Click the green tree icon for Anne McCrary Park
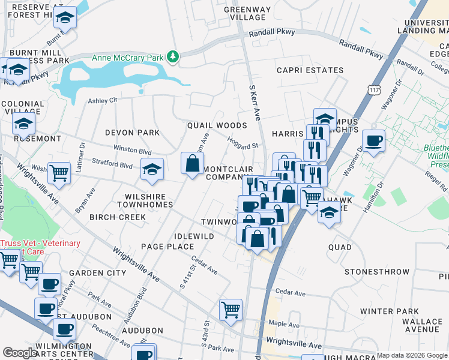tap(173, 57)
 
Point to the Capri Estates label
tap(310, 70)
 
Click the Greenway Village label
tap(247, 14)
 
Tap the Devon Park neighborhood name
tap(132, 132)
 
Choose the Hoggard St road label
tap(243, 143)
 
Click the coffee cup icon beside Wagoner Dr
tap(374, 141)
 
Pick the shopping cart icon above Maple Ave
tap(231, 310)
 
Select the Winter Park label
tap(390, 311)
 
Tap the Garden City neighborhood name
tap(97, 273)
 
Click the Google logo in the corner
tap(19, 353)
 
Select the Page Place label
tap(167, 247)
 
